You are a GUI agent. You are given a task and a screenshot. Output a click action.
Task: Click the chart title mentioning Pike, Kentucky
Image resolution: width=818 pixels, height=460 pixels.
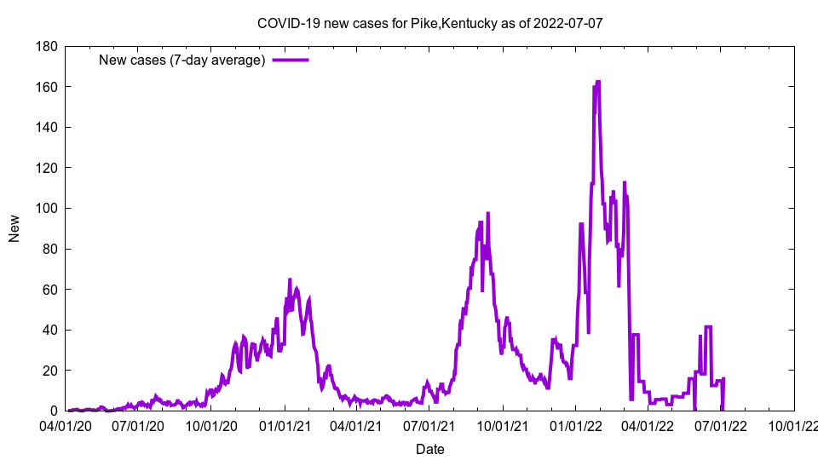[430, 23]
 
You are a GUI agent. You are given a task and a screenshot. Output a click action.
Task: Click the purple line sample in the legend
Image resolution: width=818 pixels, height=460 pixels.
[290, 60]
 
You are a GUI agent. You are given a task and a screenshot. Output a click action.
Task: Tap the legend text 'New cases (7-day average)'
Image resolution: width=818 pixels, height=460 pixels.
[181, 60]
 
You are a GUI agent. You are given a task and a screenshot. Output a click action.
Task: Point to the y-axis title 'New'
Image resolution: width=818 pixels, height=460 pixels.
[14, 228]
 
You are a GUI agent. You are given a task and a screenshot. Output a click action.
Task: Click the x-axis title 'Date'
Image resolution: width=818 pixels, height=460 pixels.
[429, 449]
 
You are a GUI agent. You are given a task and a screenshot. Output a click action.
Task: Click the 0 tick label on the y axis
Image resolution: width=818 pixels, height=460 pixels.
[53, 411]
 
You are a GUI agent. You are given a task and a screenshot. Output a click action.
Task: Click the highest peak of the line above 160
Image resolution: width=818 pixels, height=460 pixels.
[598, 82]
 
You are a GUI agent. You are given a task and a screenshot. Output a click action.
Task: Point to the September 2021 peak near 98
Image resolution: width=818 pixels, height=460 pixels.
[488, 213]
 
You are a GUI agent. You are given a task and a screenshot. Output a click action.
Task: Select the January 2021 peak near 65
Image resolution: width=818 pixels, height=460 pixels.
[290, 279]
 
